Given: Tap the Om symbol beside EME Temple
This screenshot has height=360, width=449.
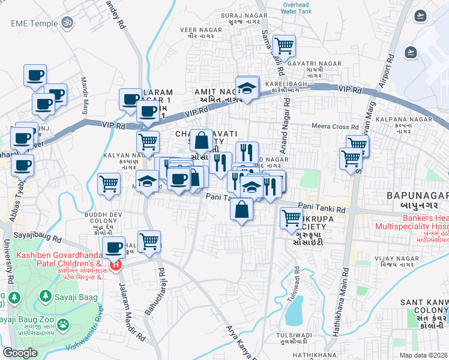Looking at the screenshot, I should [67, 23].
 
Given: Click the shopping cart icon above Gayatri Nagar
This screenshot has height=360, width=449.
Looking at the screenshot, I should [284, 44].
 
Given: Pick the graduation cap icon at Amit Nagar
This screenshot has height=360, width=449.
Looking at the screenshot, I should [246, 88].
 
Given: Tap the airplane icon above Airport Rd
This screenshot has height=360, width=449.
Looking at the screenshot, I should [420, 15].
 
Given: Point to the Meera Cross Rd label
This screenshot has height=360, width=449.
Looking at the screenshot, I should [335, 127].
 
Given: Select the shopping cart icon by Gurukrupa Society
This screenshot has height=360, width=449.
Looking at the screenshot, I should [291, 217].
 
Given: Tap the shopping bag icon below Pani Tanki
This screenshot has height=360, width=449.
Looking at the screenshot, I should [241, 209].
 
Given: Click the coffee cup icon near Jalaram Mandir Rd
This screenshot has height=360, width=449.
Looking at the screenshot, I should [113, 247].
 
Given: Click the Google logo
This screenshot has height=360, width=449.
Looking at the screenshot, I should [20, 353].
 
